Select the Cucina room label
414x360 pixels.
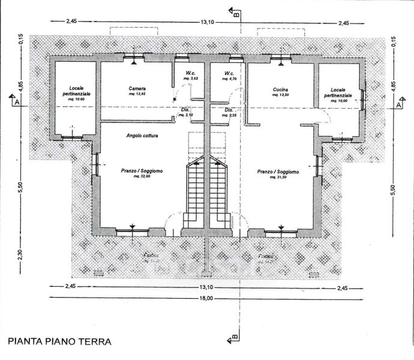(280, 89)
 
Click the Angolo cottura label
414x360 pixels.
(142, 136)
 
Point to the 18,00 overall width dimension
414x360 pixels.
(206, 298)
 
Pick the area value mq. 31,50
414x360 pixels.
(278, 178)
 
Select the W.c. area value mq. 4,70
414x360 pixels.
(229, 79)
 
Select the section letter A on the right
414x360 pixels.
(398, 104)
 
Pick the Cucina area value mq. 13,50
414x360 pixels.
(280, 95)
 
